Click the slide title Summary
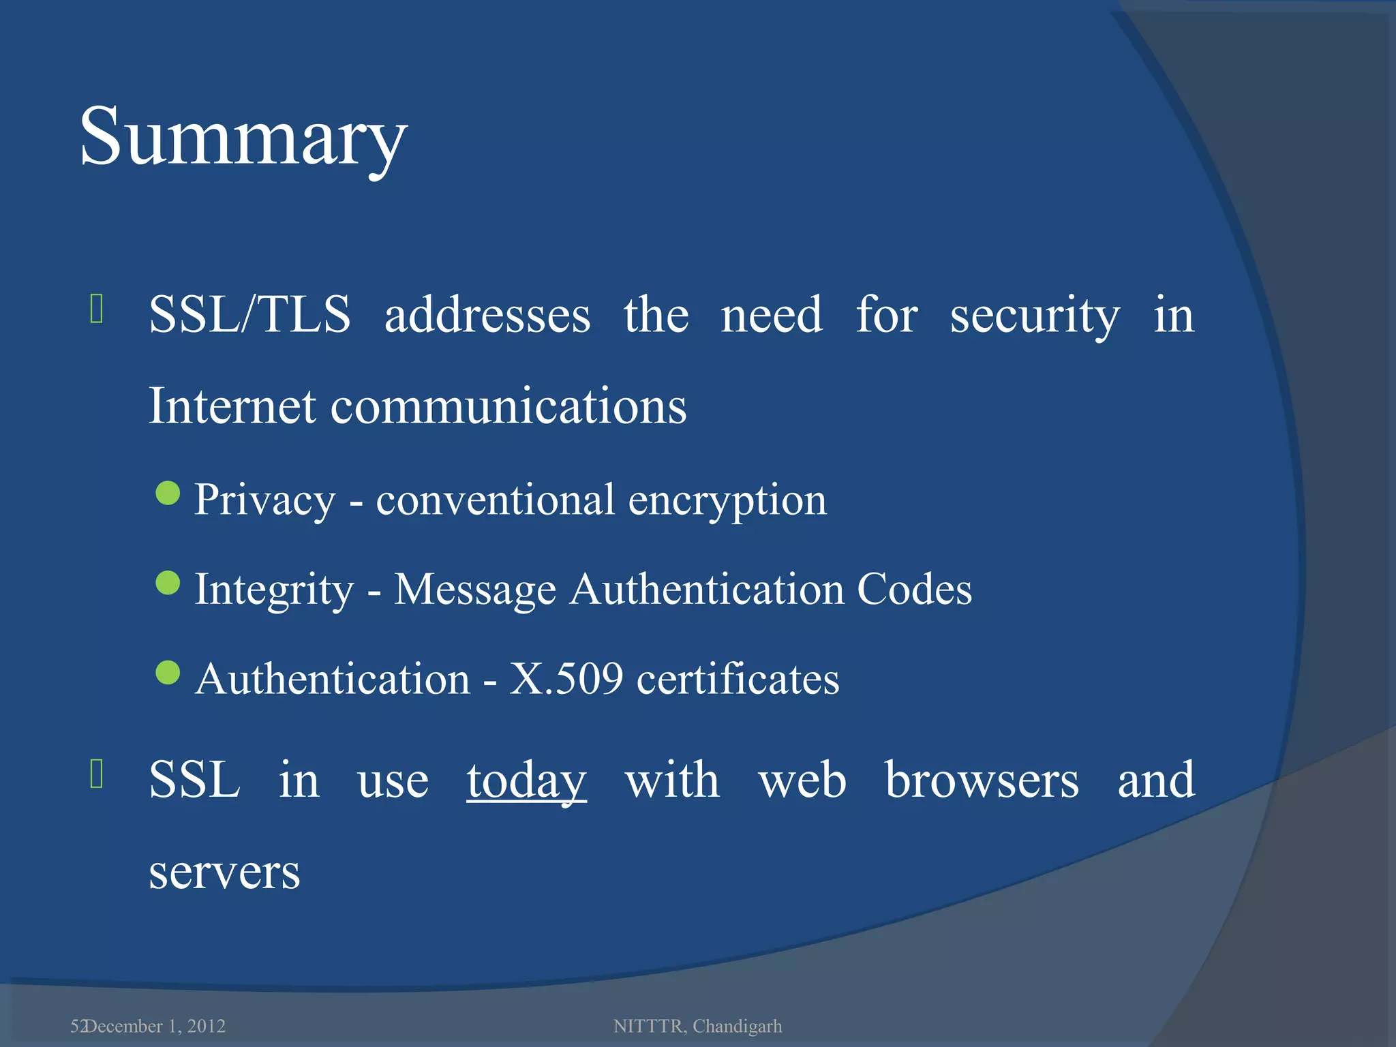[243, 138]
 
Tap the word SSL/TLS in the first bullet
[249, 315]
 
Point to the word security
[1035, 316]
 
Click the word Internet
[232, 406]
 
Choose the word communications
[509, 406]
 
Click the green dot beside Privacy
[168, 493]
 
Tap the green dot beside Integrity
[168, 583]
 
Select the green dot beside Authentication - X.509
[168, 672]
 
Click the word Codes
[914, 589]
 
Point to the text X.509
[566, 679]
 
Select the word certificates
[738, 679]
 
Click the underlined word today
[526, 781]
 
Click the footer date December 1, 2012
[155, 1026]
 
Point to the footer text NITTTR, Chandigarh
[697, 1026]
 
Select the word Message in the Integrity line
[475, 590]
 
